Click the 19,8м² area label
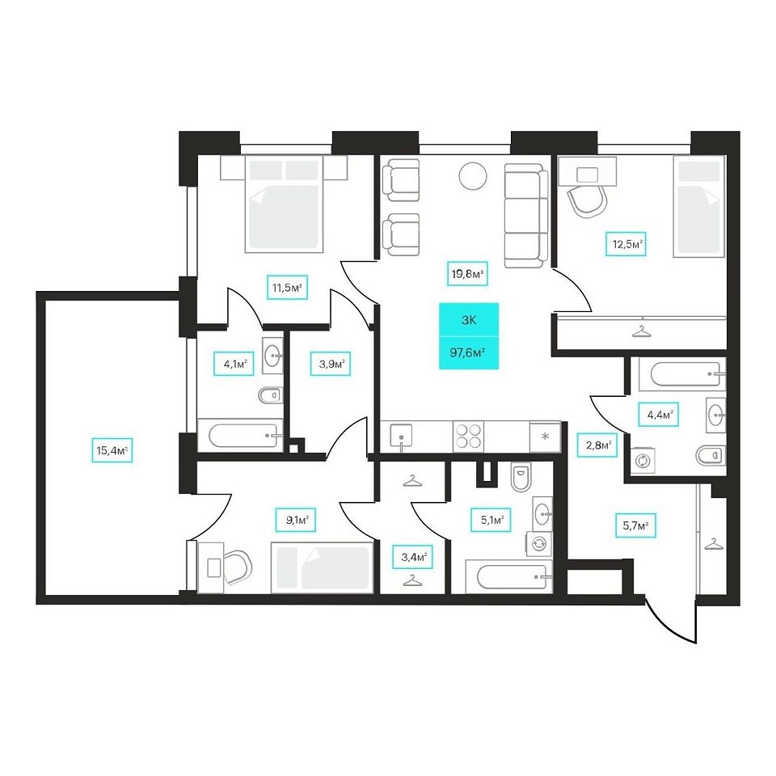(x=468, y=274)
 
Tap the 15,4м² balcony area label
(x=112, y=450)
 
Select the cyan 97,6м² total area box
(x=469, y=353)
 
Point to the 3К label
(x=469, y=320)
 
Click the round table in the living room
(x=473, y=176)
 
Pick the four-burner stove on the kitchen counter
(x=468, y=436)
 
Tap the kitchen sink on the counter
(x=402, y=436)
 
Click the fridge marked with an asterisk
(x=545, y=436)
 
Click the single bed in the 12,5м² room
(x=698, y=206)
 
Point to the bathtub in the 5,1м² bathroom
(x=508, y=578)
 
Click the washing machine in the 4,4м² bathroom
(x=643, y=461)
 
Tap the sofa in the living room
(x=526, y=216)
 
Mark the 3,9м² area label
(x=331, y=365)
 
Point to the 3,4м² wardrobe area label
(x=413, y=557)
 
